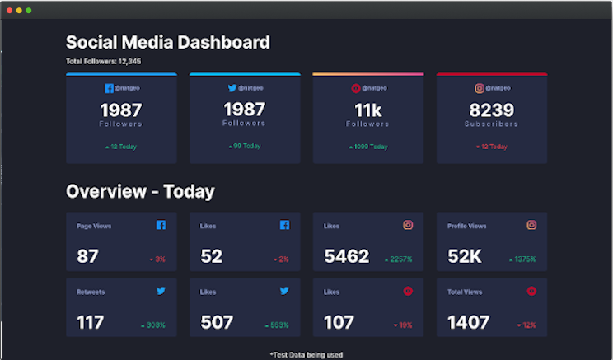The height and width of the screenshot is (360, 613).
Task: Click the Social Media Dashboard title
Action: pos(167,43)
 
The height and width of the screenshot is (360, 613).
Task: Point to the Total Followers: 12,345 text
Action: pos(103,62)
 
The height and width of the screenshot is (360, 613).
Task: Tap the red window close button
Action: pos(10,10)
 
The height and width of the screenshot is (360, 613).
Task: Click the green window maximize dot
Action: pos(29,10)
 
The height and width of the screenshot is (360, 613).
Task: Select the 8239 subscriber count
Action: pos(491,110)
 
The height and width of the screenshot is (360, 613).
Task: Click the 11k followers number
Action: pos(368,110)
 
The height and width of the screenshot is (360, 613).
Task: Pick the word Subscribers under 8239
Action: pos(491,124)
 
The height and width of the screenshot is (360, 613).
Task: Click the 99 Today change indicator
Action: pos(245,146)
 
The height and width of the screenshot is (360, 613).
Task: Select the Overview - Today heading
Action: pos(140,192)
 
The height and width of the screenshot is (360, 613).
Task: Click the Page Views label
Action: pos(94,226)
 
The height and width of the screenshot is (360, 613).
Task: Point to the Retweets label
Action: pos(91,292)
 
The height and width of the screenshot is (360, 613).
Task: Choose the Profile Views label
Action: pos(466,226)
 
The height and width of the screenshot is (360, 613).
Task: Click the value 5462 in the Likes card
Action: pos(347,257)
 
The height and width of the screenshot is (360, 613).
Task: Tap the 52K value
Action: pos(465,257)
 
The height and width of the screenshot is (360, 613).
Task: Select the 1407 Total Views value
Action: pos(469,323)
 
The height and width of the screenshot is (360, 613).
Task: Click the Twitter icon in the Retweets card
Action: pos(161,291)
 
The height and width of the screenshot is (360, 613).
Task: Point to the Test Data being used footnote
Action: pos(306,354)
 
